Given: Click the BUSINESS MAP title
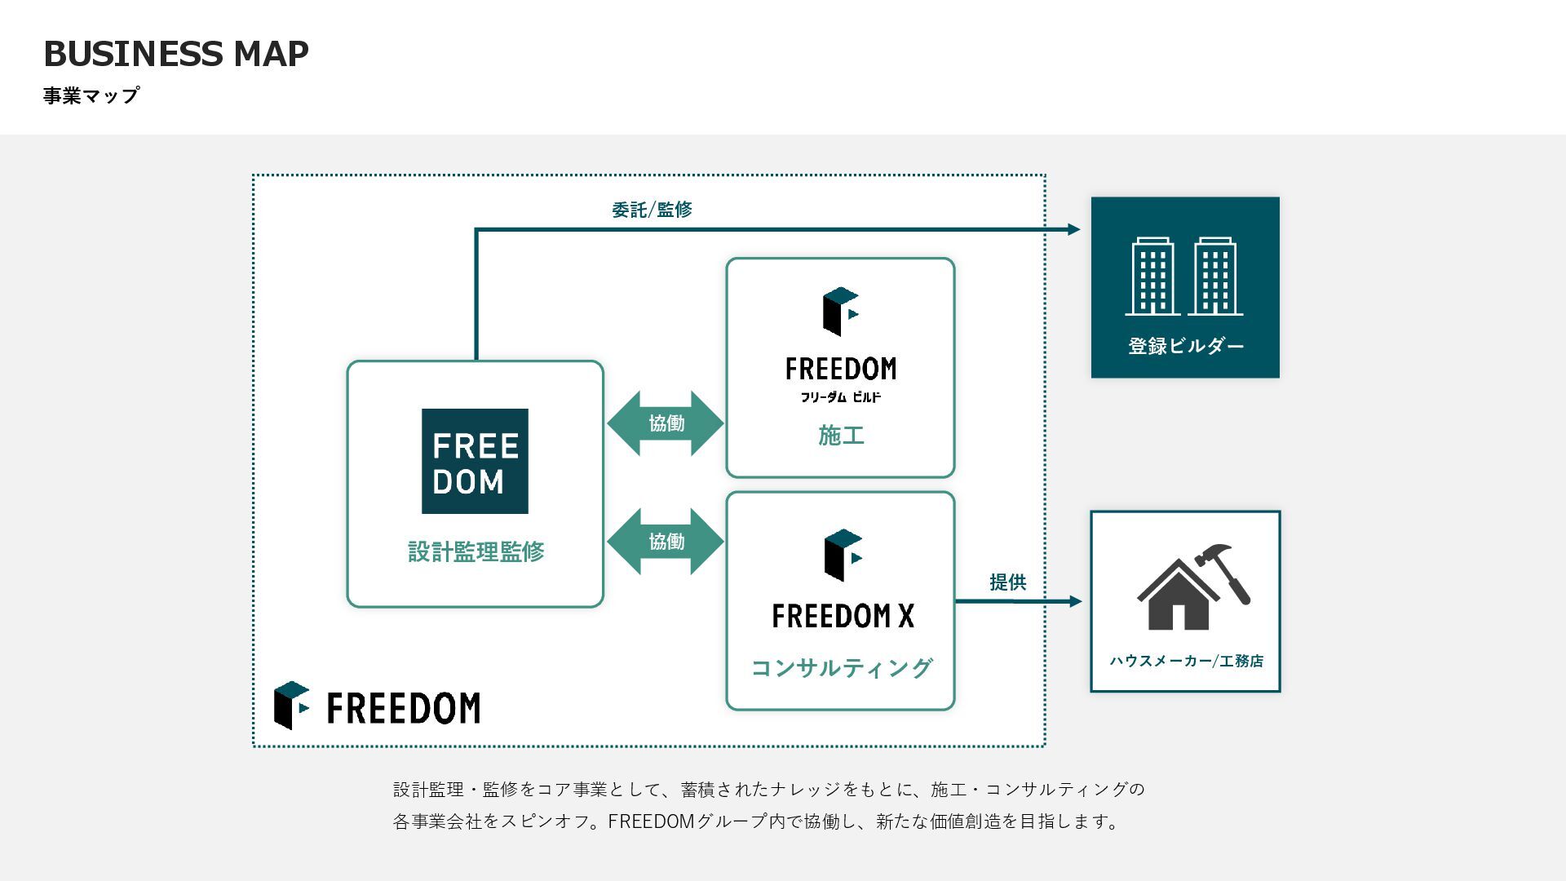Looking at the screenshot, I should pos(175,54).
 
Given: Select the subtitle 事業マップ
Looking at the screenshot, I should pos(91,95).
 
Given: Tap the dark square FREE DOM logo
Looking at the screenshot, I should pos(475,461).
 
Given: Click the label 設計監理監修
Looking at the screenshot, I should pos(476,551).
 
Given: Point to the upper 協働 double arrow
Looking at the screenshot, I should pos(666,423).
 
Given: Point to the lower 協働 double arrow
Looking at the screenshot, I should pos(666,542).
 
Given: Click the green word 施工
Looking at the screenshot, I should pos(841,436).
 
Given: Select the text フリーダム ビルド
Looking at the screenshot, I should pos(840,397).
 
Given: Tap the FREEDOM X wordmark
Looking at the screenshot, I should pos(843,616).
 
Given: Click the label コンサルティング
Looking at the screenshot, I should pos(841,668).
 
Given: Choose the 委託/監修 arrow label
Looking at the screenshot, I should pos(652,210).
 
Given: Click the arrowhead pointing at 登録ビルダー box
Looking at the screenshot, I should pos(1074,229).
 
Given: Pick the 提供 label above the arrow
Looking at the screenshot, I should pos(1007,582).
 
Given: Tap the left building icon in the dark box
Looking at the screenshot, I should pos(1152,277).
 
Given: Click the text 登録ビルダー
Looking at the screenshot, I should pos(1186,346).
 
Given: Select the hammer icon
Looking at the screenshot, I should pos(1226,571).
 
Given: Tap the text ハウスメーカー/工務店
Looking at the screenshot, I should pos(1186,661).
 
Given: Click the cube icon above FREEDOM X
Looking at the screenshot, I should pos(843,555).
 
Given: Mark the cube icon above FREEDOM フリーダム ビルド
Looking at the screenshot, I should pos(841,311).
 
